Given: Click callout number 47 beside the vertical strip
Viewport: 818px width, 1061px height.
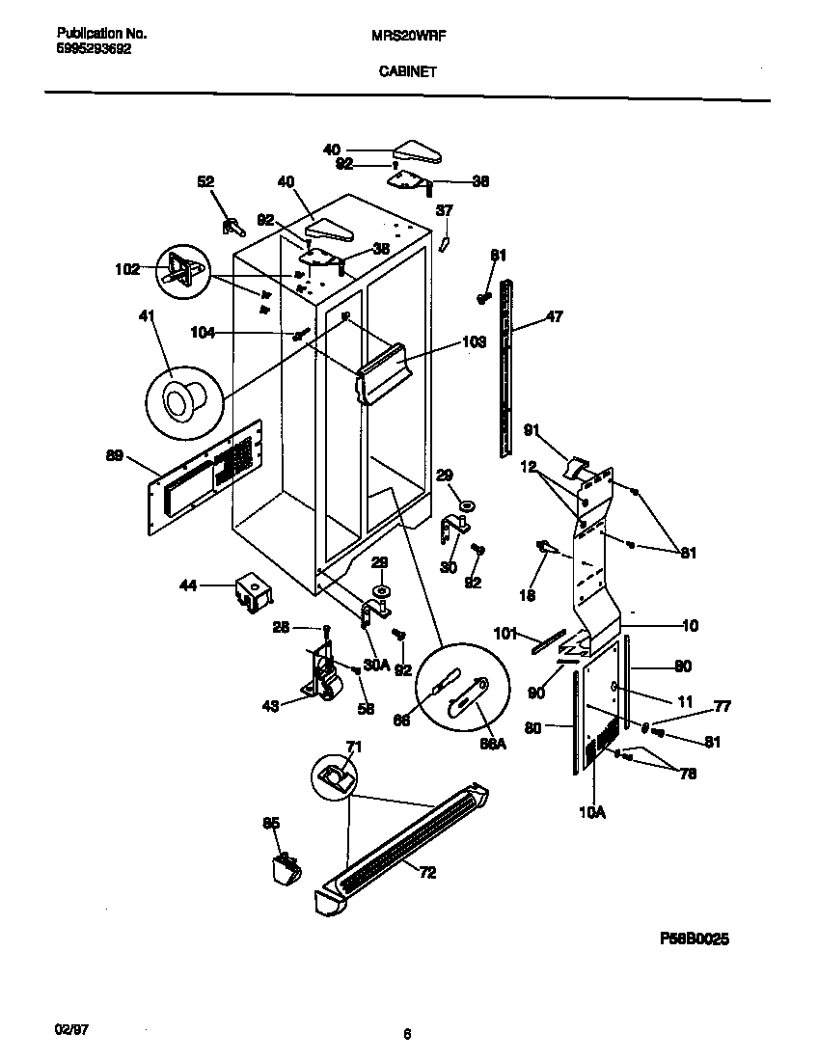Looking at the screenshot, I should (554, 315).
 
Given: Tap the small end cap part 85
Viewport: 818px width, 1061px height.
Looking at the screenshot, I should (284, 869).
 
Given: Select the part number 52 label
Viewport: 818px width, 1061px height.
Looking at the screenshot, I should (205, 181).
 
